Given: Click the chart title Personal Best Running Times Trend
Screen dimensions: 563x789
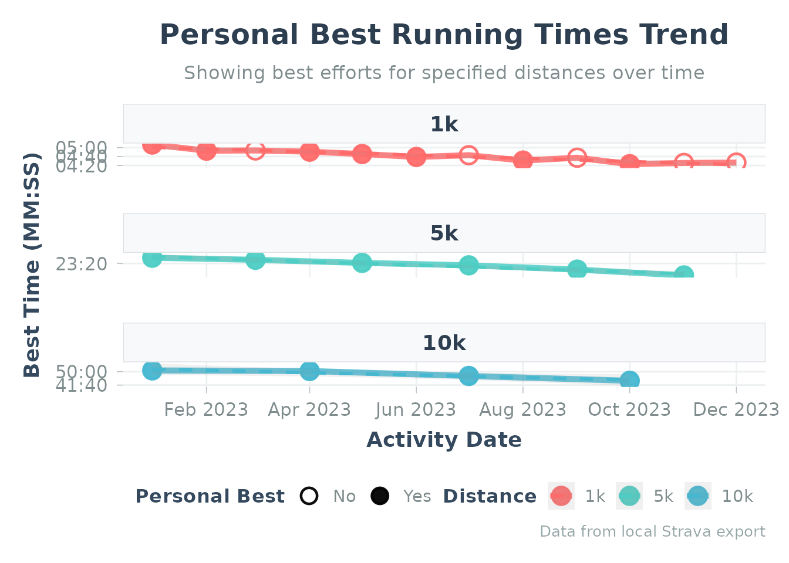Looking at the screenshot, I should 444,35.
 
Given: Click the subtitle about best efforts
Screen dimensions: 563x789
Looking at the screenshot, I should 444,73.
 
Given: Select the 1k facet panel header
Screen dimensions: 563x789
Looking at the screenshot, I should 444,124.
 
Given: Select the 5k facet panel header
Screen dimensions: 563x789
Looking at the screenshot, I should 444,233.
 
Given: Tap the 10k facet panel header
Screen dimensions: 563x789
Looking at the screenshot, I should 444,343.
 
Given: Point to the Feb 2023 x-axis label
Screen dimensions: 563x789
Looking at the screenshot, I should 206,409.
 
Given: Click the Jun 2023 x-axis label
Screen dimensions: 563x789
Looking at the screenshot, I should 416,409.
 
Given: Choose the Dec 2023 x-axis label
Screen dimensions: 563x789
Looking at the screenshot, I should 736,409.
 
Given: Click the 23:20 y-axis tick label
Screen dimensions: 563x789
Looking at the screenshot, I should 82,264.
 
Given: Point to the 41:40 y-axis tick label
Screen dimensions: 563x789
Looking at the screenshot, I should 82,385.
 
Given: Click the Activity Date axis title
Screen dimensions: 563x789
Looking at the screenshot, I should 444,440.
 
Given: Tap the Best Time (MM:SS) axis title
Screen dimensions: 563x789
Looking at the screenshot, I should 32,265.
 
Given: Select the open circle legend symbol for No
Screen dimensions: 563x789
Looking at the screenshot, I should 309,496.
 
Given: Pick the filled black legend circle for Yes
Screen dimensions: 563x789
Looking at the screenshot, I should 380,496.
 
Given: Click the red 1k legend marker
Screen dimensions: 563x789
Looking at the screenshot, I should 561,496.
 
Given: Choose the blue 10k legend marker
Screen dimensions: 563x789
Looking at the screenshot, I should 698,496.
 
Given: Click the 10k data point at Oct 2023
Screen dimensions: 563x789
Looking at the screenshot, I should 629,381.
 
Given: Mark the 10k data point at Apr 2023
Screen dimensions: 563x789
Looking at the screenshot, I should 309,371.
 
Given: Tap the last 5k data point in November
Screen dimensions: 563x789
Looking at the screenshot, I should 683,274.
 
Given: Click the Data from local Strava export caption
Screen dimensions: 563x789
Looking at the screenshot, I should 652,532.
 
